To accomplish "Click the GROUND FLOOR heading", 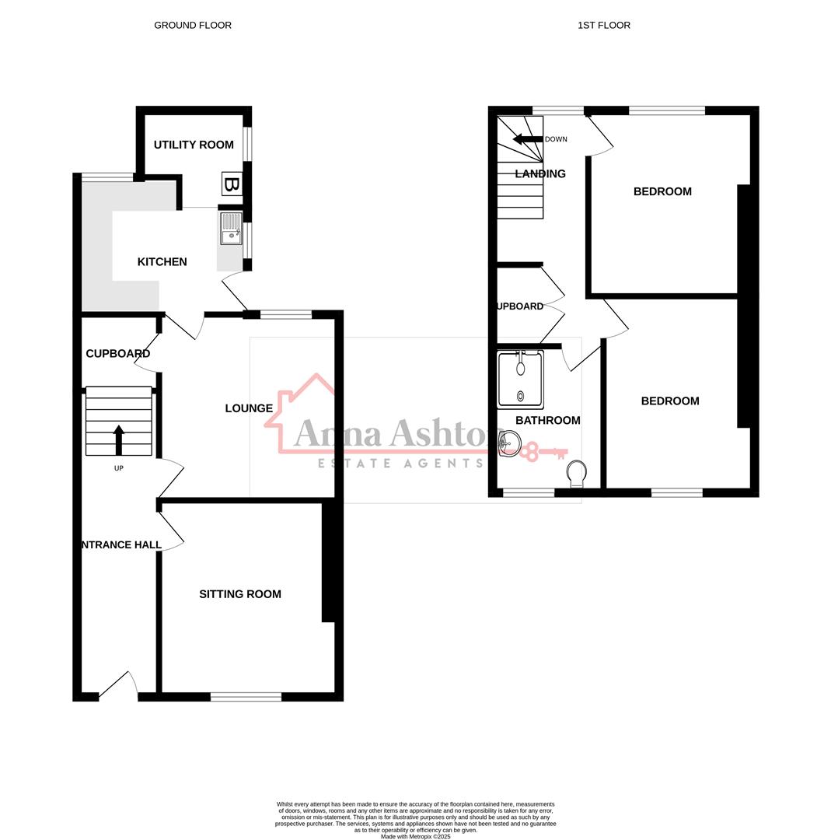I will (192, 26).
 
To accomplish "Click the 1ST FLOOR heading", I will (603, 26).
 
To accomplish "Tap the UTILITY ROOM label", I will (194, 145).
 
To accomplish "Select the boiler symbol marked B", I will (232, 184).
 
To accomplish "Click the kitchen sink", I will (231, 228).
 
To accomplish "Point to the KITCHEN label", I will (162, 262).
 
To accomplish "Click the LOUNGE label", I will (249, 408).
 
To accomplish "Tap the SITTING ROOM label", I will (240, 594).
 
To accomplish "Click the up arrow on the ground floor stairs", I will (119, 439).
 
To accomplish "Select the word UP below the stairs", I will (119, 468).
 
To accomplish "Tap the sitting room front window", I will (246, 697).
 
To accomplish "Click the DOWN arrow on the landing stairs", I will (527, 139).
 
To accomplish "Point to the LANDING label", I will (540, 174).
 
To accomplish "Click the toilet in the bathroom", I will (576, 472).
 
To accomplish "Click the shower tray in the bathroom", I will (520, 380).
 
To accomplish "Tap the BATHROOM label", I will (548, 421).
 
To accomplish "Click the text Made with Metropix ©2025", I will (415, 836).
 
